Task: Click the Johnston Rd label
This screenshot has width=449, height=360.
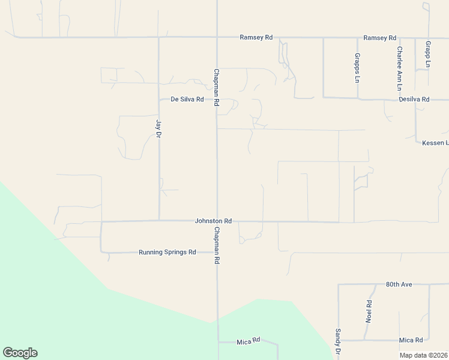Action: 213,221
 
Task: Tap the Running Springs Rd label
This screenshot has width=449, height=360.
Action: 167,253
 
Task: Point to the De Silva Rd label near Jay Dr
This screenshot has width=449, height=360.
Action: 187,99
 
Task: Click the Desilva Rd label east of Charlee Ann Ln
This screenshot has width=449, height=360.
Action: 417,99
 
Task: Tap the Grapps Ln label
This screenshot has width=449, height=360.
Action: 357,68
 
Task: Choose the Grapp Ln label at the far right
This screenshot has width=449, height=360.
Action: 428,54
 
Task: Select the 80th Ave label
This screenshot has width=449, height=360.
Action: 399,284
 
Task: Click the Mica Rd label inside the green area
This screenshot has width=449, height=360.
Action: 248,341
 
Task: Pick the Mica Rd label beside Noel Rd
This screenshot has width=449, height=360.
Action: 411,340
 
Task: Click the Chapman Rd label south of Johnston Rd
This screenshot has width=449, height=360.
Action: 217,245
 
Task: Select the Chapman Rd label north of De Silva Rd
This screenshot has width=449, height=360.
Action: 217,88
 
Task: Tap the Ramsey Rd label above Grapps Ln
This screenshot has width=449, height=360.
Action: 380,38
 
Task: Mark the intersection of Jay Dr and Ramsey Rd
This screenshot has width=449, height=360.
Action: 159,37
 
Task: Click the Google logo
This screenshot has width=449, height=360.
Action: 20,353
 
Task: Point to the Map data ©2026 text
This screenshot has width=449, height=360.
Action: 423,355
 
